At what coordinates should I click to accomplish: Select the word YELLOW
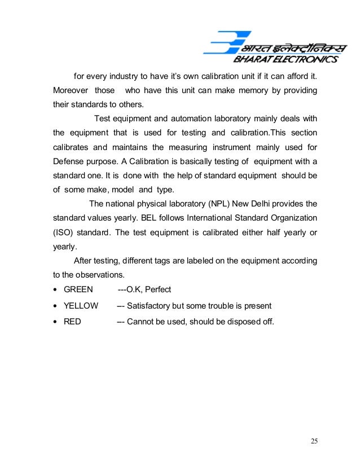click(81, 306)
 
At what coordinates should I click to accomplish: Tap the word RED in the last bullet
click(72, 322)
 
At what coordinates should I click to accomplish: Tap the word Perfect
click(157, 289)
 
